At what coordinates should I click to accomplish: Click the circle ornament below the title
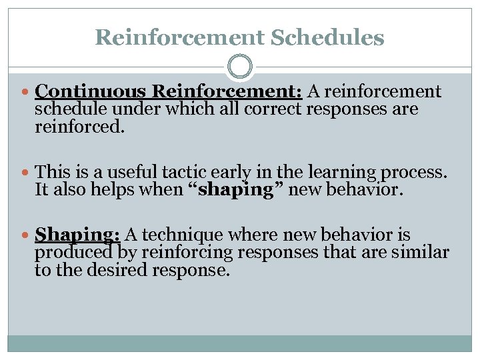tap(240, 67)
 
